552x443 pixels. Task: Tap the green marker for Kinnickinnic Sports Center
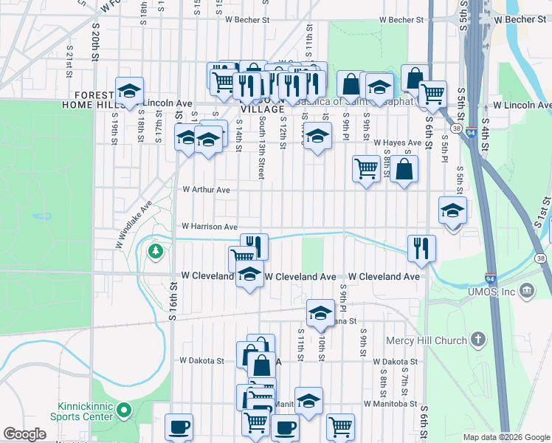point(124,408)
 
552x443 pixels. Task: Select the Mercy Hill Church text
point(427,340)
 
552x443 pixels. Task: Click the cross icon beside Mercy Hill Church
point(478,340)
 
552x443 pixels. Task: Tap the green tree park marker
point(155,252)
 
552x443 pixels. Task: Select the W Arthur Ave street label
point(207,190)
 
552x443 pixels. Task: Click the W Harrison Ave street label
point(210,227)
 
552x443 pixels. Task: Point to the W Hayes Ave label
point(397,142)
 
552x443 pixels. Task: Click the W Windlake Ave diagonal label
point(134,224)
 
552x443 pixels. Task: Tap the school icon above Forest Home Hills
point(129,90)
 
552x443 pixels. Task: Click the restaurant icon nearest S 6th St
point(421,247)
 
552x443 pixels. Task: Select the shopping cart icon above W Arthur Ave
point(366,168)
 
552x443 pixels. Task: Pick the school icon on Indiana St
point(320,312)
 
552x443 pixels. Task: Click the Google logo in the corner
point(25,435)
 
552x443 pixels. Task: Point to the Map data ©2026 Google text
point(506,437)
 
